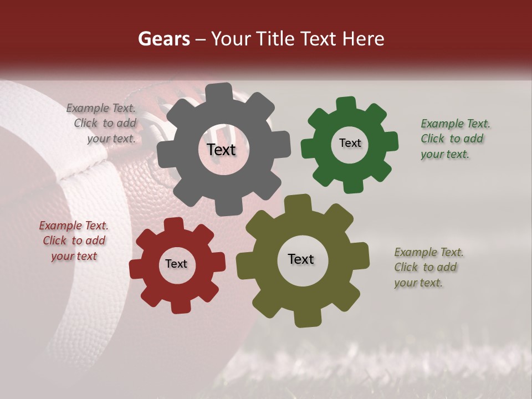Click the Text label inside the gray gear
221,150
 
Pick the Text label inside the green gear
350,143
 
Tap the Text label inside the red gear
176,264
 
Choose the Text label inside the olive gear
301,259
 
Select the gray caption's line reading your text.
111,139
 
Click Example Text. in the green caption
455,124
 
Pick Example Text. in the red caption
74,226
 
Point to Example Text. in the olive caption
428,252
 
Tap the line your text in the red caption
74,256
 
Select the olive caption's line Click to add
425,267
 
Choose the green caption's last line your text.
444,154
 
